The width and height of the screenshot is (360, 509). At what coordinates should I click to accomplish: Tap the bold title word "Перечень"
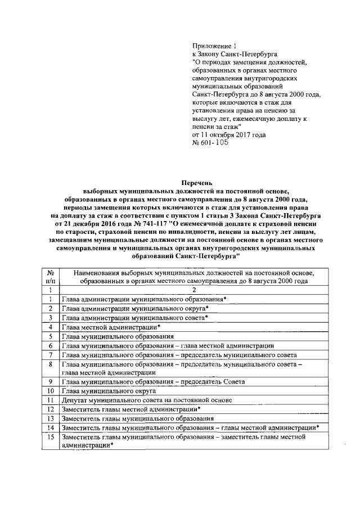click(x=197, y=183)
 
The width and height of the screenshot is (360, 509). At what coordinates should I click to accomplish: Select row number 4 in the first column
click(x=51, y=327)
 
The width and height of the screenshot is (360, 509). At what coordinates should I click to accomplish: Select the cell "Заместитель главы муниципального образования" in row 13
click(x=138, y=418)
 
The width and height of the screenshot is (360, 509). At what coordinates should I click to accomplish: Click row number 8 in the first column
click(x=51, y=364)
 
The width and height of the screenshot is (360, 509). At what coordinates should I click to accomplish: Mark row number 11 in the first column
click(x=51, y=400)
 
